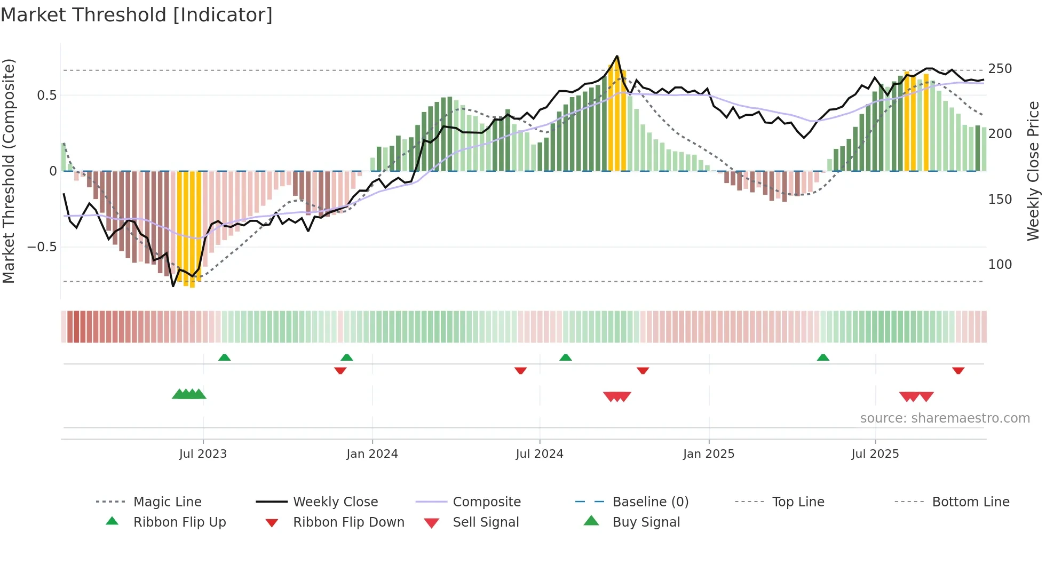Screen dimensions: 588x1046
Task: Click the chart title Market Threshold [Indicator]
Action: (137, 15)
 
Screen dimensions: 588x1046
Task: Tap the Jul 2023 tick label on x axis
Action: (203, 454)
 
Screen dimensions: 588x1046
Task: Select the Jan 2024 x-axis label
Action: (372, 454)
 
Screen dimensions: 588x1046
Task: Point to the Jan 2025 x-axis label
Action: (709, 454)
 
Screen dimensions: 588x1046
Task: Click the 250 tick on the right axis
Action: (1000, 69)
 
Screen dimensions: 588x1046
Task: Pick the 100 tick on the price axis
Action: (1000, 265)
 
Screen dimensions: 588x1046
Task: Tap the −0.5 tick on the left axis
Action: (42, 247)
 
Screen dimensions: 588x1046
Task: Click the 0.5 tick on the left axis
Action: (46, 96)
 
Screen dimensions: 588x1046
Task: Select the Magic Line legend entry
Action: (167, 502)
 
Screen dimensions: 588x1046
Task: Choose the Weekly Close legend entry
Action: (335, 502)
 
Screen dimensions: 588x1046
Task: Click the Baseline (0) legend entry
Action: (650, 502)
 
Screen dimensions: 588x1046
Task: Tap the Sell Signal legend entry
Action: (486, 522)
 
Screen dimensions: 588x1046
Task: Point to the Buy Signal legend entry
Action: (646, 522)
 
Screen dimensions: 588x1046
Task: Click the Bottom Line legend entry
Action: (970, 502)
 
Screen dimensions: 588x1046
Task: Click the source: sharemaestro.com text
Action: (945, 418)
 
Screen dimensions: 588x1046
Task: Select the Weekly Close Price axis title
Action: (1033, 171)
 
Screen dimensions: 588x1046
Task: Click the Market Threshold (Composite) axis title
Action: (9, 171)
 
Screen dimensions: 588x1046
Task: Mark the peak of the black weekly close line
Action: (617, 56)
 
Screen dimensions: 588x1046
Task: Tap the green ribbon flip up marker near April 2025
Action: (823, 357)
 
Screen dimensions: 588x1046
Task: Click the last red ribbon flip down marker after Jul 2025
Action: (958, 370)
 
